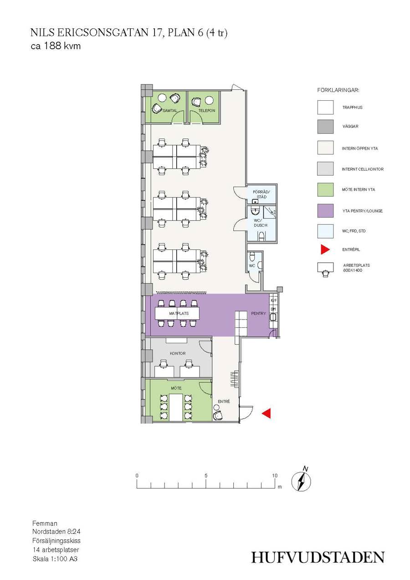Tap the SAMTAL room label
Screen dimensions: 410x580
point(169,110)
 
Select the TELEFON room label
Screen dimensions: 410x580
point(207,110)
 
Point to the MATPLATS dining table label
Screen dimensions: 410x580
point(179,313)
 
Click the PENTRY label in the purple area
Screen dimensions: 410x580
point(258,313)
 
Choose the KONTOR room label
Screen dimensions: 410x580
point(178,353)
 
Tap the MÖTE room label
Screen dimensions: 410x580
point(176,388)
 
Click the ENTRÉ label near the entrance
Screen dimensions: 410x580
point(224,401)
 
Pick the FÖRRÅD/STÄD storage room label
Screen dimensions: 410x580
point(261,194)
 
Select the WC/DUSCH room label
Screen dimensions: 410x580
point(261,223)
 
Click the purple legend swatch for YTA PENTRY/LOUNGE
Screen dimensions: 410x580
point(325,211)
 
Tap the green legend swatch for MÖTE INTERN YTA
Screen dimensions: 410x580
point(325,189)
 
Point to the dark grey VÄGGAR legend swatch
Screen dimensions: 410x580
point(325,126)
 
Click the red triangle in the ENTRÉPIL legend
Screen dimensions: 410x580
point(325,249)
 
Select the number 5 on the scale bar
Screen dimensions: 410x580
point(206,476)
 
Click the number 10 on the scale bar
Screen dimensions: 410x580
point(275,476)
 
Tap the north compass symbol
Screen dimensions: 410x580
point(302,480)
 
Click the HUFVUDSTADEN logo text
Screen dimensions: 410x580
point(318,557)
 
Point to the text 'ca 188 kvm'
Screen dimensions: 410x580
point(56,46)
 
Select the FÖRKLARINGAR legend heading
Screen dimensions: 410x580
point(338,90)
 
